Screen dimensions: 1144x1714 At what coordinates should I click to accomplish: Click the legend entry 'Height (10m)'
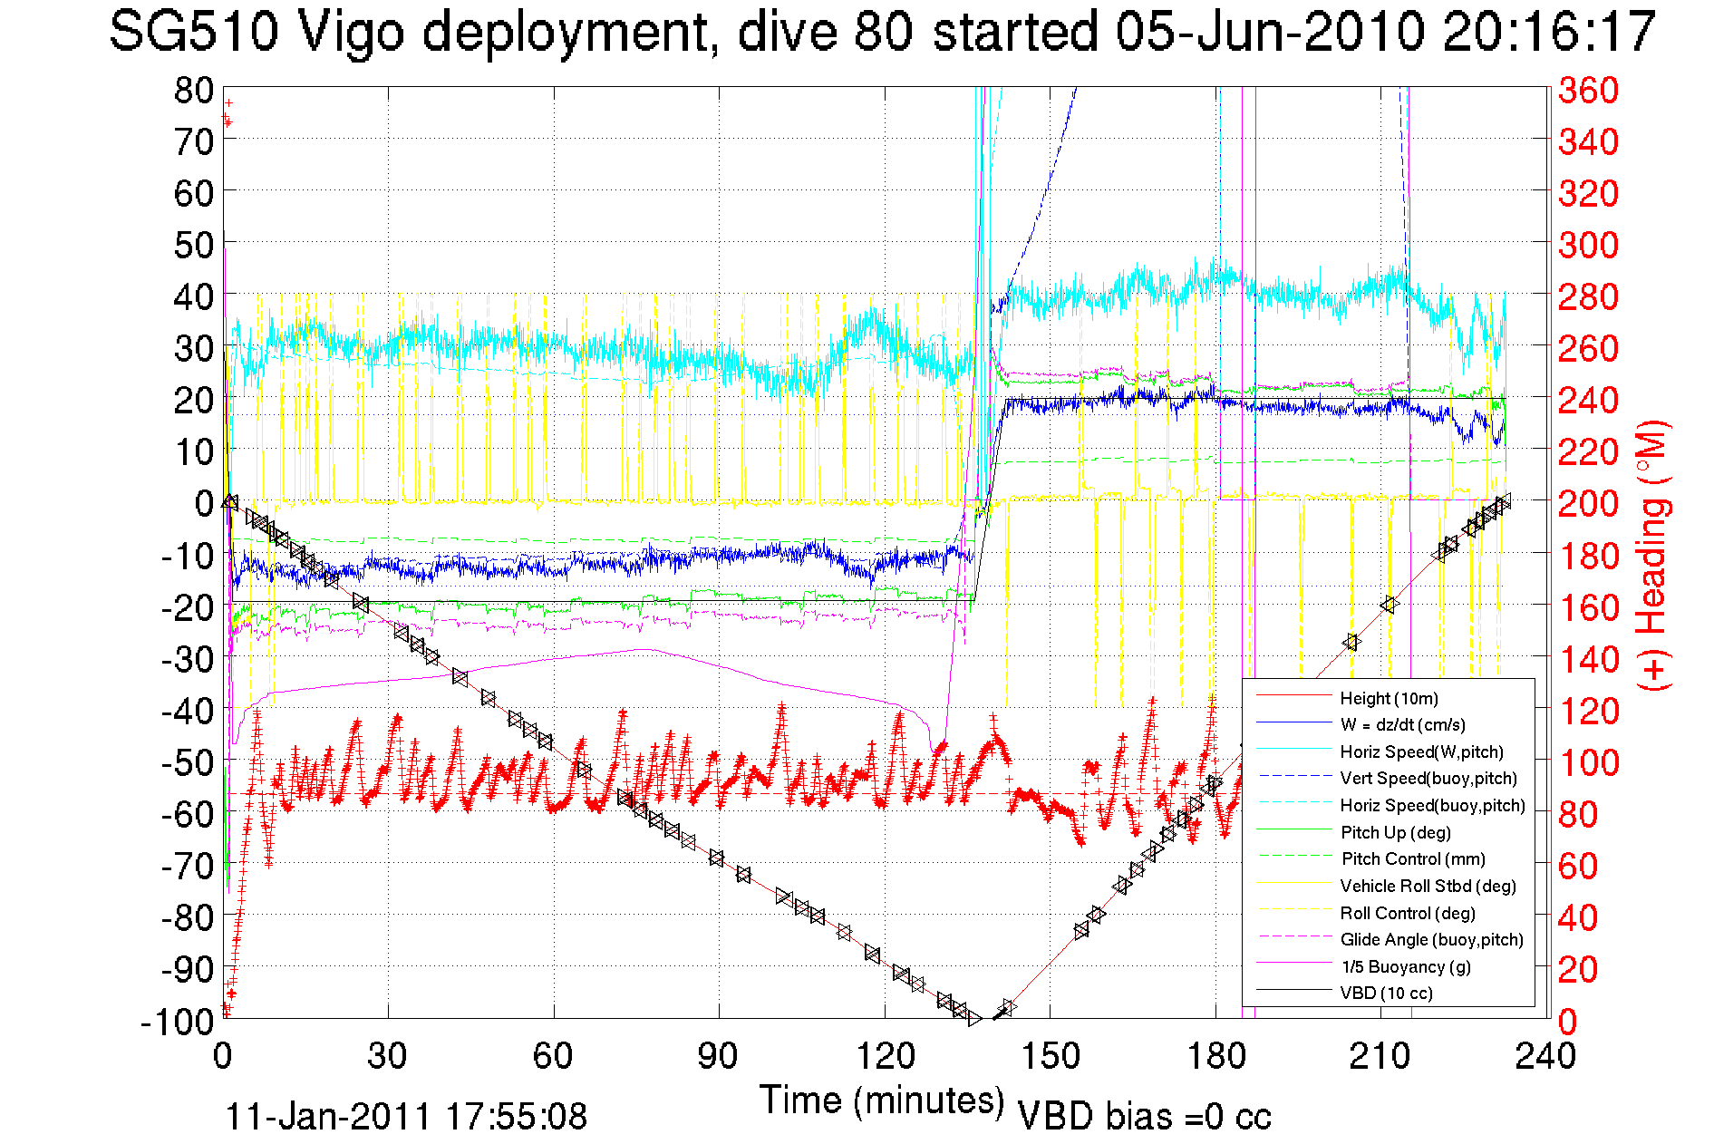(1389, 698)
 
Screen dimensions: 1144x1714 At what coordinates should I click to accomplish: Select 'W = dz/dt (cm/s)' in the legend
(1402, 724)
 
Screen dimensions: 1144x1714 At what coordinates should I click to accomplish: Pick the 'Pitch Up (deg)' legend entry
(1395, 832)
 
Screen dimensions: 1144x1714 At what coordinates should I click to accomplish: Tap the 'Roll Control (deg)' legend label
(1407, 913)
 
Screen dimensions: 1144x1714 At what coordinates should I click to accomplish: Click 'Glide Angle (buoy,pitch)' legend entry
(1431, 939)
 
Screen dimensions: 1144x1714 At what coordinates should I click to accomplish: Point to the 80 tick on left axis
(193, 90)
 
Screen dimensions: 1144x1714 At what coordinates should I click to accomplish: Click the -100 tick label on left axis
(177, 1022)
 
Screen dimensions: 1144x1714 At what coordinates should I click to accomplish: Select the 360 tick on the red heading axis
(1588, 90)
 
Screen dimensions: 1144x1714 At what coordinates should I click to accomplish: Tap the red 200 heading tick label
(1588, 503)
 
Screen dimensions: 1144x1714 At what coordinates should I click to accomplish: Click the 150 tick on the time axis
(1050, 1056)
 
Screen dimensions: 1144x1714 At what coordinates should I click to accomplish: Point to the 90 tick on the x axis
(719, 1056)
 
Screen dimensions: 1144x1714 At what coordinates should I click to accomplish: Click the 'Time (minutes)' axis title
(881, 1100)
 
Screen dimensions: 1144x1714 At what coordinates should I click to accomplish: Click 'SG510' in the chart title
(193, 32)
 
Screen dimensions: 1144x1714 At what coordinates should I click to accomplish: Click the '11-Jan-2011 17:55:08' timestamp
(405, 1117)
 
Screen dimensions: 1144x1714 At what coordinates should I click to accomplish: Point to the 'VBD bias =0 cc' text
(1144, 1117)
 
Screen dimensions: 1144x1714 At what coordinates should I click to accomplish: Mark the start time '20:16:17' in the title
(1548, 32)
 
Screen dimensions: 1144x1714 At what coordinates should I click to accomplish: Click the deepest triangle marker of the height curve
(974, 1019)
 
